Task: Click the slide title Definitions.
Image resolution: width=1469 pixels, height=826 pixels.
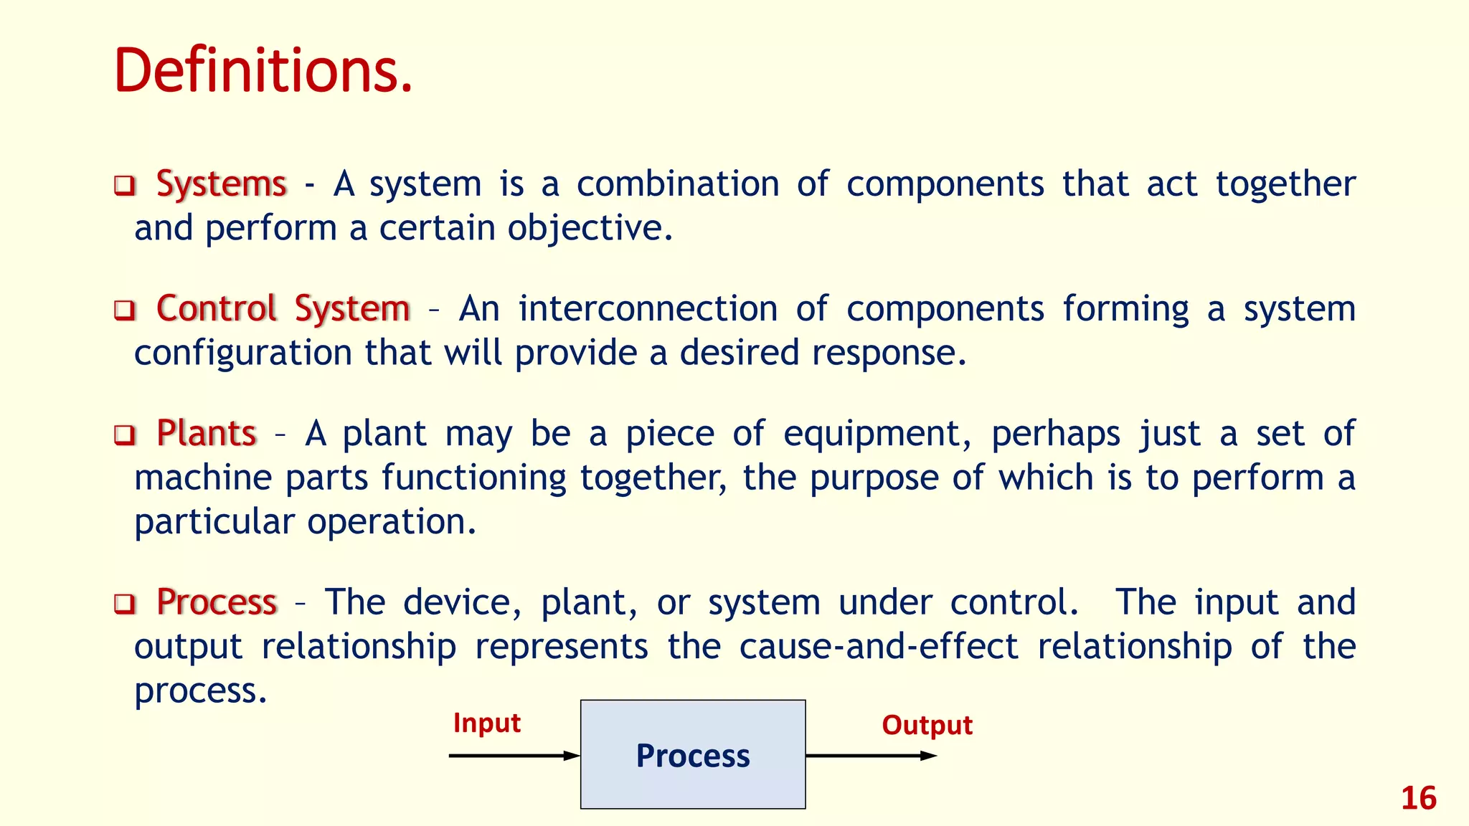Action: [x=263, y=70]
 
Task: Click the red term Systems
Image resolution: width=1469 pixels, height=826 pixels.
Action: [x=222, y=184]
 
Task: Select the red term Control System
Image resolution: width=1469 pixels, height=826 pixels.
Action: [x=283, y=309]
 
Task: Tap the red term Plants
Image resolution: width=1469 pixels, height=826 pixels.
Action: [x=207, y=434]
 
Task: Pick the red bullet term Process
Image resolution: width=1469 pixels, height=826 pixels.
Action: [x=217, y=602]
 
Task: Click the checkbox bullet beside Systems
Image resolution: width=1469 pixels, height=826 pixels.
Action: [x=125, y=186]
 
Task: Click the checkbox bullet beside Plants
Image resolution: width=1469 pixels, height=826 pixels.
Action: [x=125, y=435]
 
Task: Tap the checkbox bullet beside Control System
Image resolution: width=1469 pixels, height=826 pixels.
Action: [x=125, y=310]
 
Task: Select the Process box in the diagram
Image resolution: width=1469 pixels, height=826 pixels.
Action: [x=693, y=755]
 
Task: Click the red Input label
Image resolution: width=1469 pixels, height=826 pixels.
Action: [x=486, y=723]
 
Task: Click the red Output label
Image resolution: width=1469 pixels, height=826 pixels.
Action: [x=927, y=726]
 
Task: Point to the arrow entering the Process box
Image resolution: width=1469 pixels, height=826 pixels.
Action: [x=514, y=756]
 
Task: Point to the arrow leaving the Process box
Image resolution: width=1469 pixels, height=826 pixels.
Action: [x=871, y=756]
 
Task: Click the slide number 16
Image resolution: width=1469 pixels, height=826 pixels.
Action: [x=1418, y=799]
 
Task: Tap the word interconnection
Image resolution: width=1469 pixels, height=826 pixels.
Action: [x=648, y=309]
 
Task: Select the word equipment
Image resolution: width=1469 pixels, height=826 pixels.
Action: [x=877, y=434]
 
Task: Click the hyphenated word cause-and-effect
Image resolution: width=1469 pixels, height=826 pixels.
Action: [x=878, y=647]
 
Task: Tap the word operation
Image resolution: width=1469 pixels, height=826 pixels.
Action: [x=392, y=522]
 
